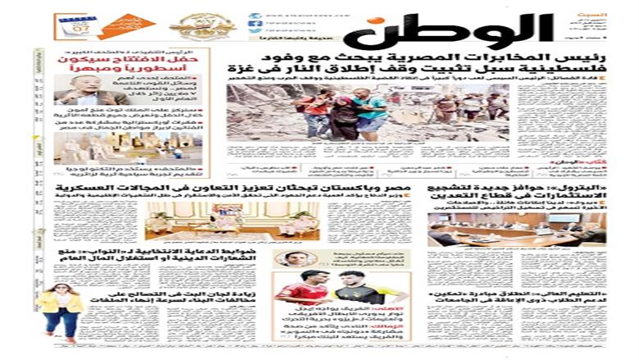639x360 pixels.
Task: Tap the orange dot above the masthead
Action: coord(372,21)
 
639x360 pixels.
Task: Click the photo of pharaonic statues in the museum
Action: coord(127,147)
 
